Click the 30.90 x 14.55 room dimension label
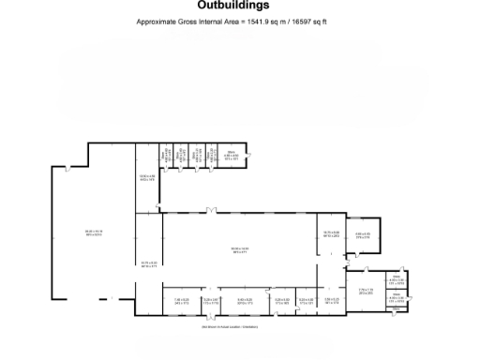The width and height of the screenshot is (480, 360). tap(241, 248)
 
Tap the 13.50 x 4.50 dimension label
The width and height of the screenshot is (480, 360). tap(146, 177)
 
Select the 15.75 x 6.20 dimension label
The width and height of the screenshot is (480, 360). tap(147, 263)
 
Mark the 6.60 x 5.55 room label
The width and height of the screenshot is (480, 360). tap(363, 235)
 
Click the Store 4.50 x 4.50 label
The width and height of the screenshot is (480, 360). tap(229, 157)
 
